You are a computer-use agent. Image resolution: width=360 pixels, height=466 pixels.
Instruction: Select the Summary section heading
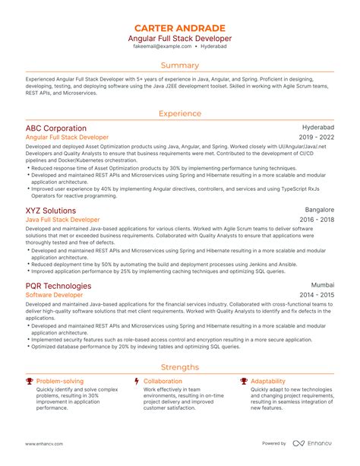tap(180, 66)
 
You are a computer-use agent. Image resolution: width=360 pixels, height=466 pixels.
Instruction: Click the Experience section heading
tap(180, 113)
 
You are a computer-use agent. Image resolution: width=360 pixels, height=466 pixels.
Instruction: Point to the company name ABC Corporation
tap(55, 128)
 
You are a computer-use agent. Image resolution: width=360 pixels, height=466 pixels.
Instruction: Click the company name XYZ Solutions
tap(51, 211)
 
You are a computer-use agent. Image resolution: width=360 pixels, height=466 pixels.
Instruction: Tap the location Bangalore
tap(319, 210)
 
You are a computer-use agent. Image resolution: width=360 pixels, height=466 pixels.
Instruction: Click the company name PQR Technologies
tap(58, 286)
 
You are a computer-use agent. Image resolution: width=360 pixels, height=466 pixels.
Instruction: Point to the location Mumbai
tap(323, 286)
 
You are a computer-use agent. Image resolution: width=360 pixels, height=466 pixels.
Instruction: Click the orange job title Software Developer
tap(54, 295)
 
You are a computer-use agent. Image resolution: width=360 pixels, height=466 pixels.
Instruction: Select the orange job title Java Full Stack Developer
tap(64, 220)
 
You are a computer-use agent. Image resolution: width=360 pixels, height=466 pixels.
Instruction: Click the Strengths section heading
tap(180, 366)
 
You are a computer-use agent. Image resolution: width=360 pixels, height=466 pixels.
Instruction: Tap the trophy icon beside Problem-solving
tap(29, 381)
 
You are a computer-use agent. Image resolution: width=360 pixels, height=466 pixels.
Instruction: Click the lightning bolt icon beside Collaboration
tap(136, 381)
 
